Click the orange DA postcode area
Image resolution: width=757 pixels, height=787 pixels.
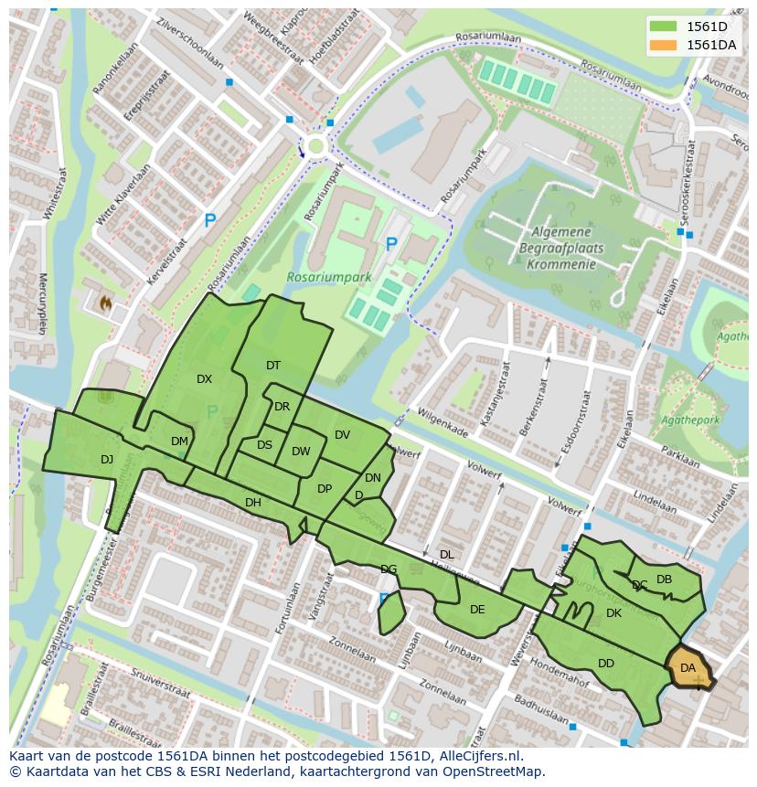pyautogui.click(x=688, y=667)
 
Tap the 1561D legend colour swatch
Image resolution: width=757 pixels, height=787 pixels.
pyautogui.click(x=664, y=27)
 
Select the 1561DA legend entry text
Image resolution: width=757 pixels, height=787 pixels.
pyautogui.click(x=711, y=45)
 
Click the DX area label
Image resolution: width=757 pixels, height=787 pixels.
pyautogui.click(x=204, y=378)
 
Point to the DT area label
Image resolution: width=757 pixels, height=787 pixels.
pyautogui.click(x=273, y=366)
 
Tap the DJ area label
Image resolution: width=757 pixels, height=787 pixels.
pyautogui.click(x=107, y=460)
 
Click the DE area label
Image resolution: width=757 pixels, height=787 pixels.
pyautogui.click(x=477, y=610)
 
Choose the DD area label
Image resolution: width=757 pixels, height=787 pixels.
pyautogui.click(x=606, y=664)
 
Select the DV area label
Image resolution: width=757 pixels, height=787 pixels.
pyautogui.click(x=342, y=435)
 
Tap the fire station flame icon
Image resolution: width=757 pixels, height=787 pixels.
pyautogui.click(x=105, y=301)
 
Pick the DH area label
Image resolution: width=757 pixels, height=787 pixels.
pyautogui.click(x=253, y=503)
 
